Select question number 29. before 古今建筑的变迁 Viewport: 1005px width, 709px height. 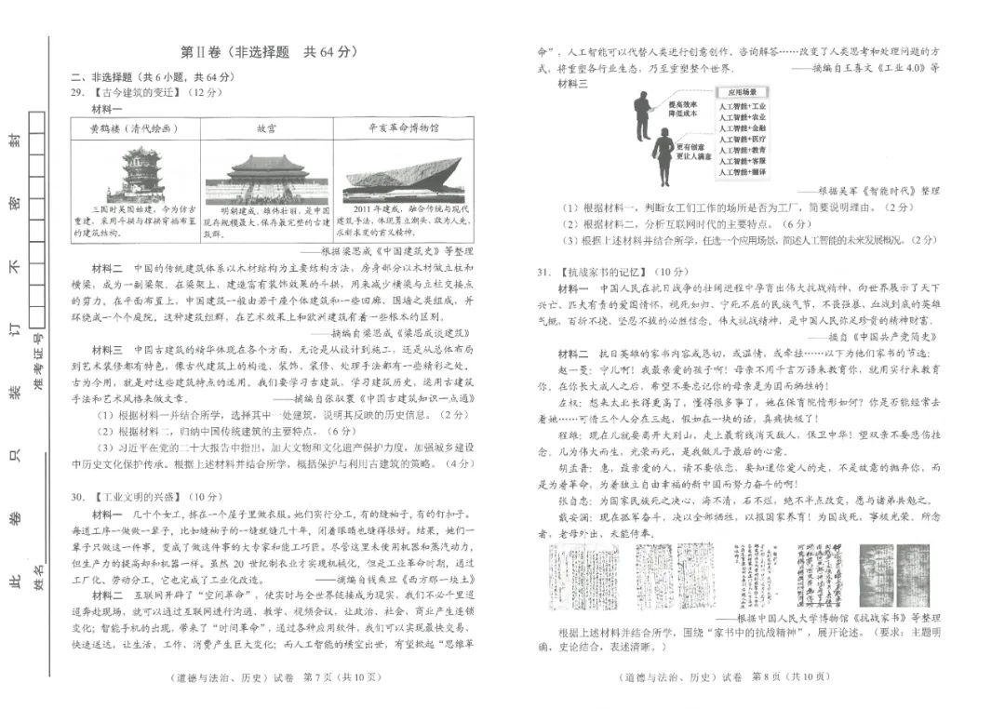point(78,93)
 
